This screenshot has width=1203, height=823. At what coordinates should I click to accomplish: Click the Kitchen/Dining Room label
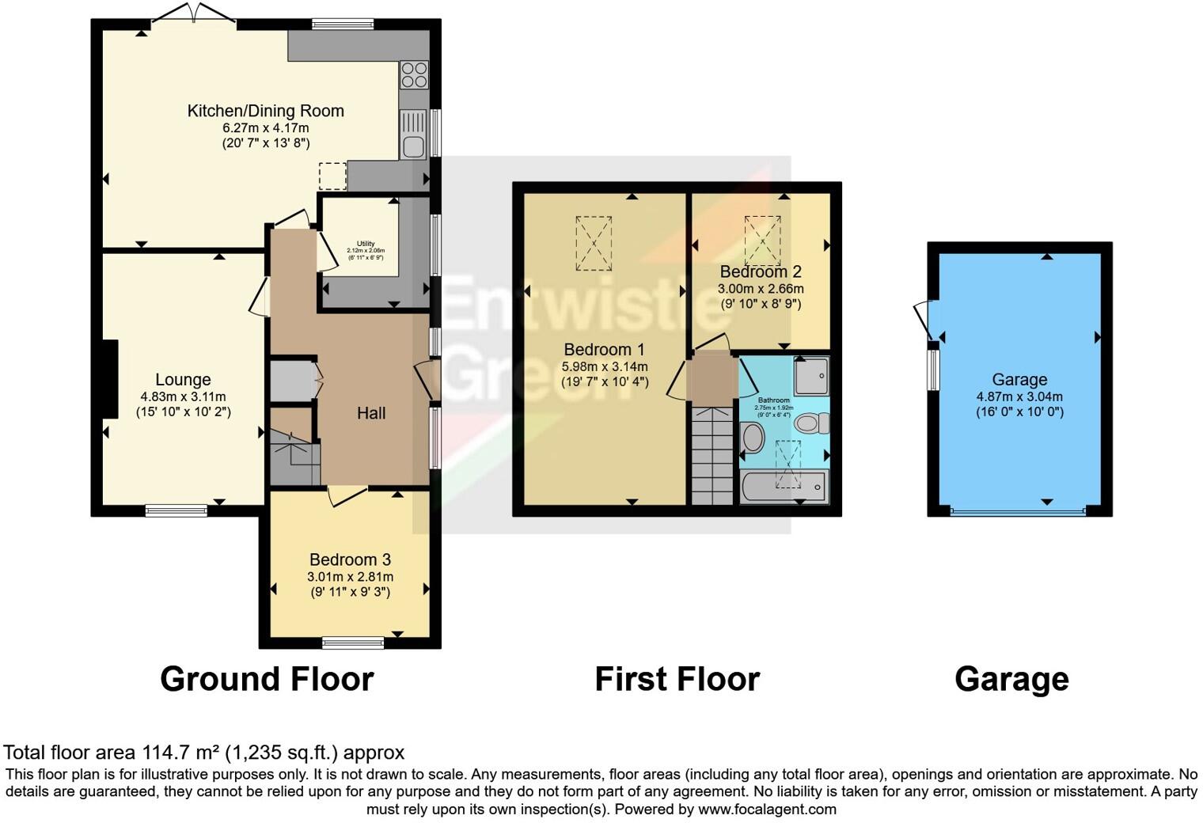pos(265,111)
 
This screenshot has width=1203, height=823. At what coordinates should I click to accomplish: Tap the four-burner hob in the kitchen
pos(414,75)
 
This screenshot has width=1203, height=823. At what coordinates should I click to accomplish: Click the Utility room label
pos(365,244)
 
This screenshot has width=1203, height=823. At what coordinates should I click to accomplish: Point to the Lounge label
pos(183,380)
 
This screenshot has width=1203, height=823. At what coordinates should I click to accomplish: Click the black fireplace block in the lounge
pos(109,378)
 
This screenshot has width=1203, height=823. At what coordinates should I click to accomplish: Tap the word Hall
pos(371,413)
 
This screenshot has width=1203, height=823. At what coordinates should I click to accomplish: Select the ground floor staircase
pos(294,457)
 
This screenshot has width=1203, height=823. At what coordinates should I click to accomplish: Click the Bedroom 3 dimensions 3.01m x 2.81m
pos(350,577)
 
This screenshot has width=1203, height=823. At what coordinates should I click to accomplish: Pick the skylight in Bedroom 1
pos(594,244)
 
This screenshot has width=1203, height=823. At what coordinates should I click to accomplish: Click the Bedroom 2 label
pos(761,271)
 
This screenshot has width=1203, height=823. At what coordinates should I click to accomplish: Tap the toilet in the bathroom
pos(810,423)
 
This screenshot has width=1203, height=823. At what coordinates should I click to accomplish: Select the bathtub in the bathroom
pos(784,487)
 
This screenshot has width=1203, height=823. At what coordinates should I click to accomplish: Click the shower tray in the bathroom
pos(811,376)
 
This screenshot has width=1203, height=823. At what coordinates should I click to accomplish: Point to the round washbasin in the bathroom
pos(752,438)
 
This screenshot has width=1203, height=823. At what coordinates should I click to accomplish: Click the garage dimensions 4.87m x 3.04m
pos(1019,396)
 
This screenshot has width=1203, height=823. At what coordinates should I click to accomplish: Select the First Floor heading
pos(677,679)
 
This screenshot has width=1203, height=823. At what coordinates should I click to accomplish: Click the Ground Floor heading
pos(267,679)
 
